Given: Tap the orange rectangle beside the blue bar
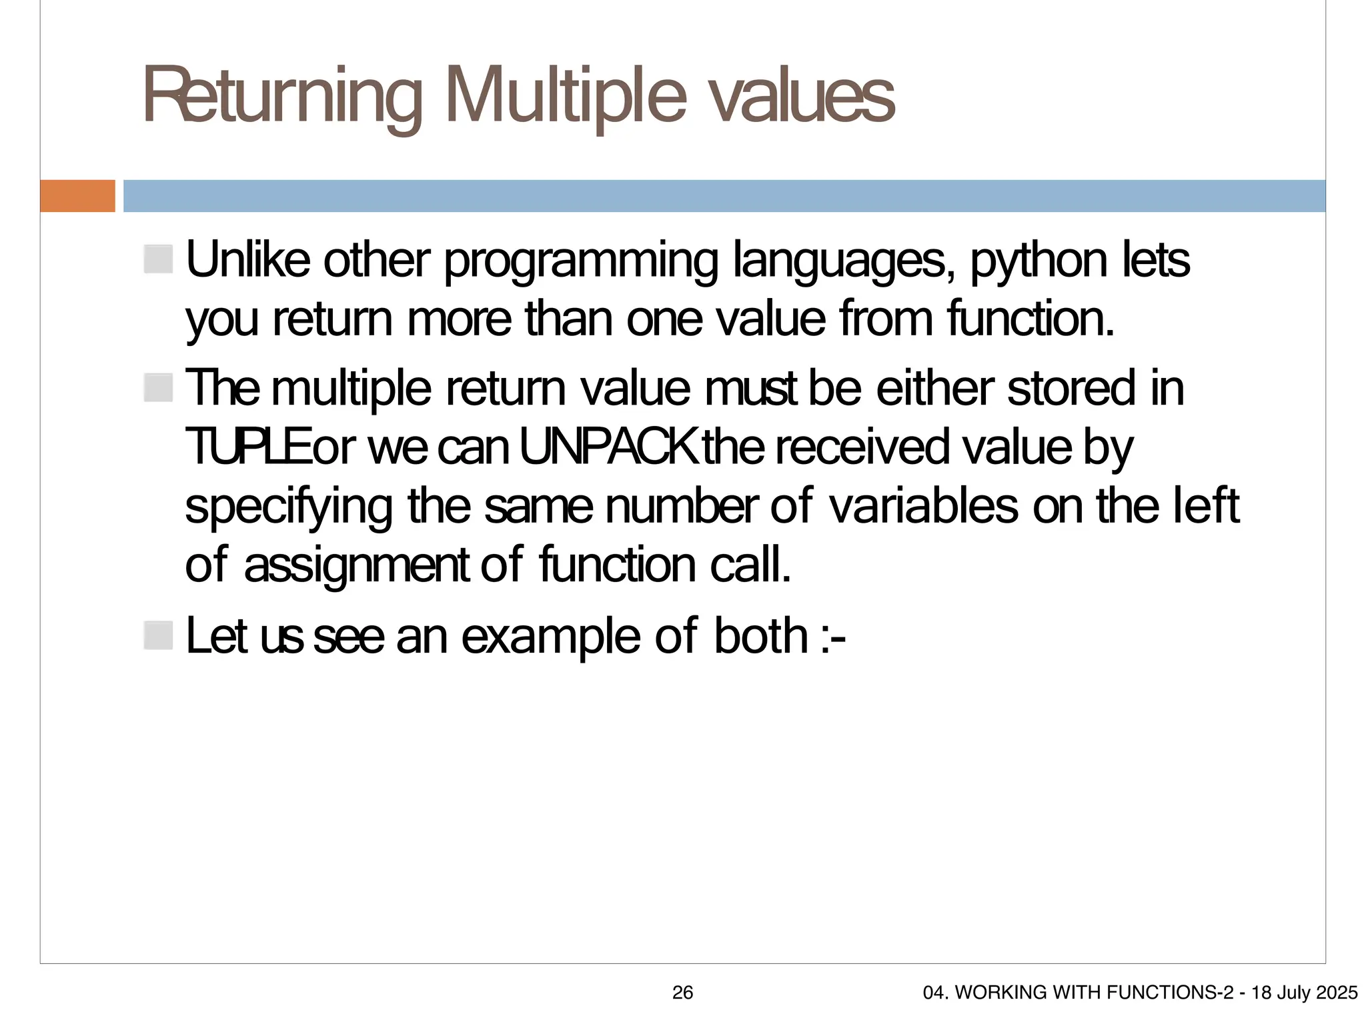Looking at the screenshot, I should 77,196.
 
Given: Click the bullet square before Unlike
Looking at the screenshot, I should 158,259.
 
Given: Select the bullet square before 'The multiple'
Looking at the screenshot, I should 158,388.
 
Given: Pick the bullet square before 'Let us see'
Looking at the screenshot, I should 158,635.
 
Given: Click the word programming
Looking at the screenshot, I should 581,261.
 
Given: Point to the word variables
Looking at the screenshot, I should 923,507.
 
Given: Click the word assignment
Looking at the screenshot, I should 357,566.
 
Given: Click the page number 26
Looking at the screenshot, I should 682,993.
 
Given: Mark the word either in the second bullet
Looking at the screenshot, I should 934,389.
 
